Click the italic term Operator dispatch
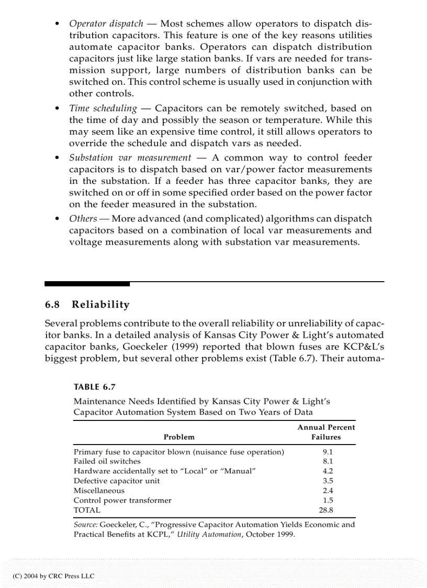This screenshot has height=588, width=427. (x=106, y=24)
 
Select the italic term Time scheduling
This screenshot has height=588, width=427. (x=103, y=109)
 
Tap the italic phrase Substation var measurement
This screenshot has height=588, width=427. (x=130, y=158)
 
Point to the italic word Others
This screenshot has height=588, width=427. (x=83, y=219)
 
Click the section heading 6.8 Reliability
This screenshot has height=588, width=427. (x=87, y=305)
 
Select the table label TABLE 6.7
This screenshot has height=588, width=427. (x=94, y=387)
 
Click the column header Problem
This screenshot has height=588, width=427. (x=179, y=437)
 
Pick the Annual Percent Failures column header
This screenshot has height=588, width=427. (x=326, y=432)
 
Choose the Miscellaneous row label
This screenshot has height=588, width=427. (x=99, y=491)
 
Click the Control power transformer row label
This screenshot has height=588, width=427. (x=122, y=501)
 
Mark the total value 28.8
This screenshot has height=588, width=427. (x=327, y=510)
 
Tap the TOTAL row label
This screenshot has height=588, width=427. (x=87, y=510)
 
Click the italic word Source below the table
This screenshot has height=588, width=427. (x=86, y=525)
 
